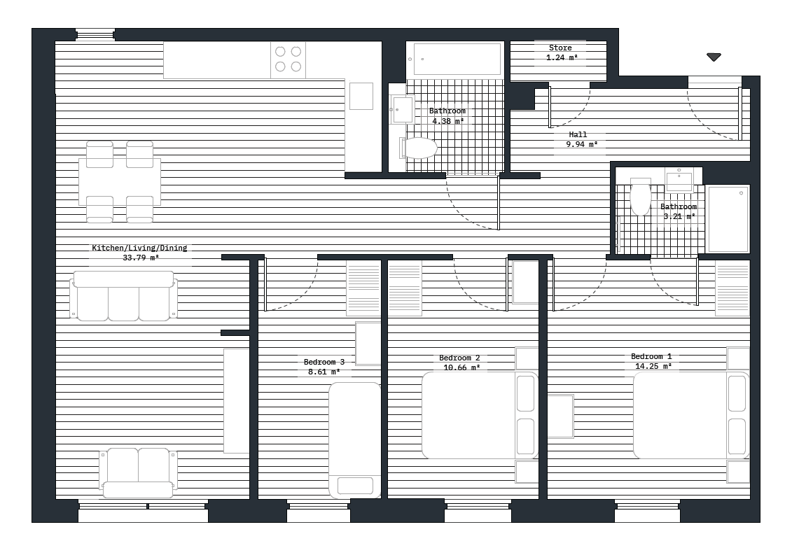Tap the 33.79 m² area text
pyautogui.click(x=141, y=258)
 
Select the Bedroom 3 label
pyautogui.click(x=324, y=362)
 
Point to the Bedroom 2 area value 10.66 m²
pyautogui.click(x=461, y=367)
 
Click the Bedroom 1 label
pyautogui.click(x=651, y=356)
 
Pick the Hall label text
pyautogui.click(x=578, y=134)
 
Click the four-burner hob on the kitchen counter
pyautogui.click(x=288, y=59)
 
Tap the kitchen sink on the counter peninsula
pyautogui.click(x=361, y=96)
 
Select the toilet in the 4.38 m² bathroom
pyautogui.click(x=420, y=148)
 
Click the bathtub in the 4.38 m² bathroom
pyautogui.click(x=457, y=59)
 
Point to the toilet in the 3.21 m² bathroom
pyautogui.click(x=640, y=197)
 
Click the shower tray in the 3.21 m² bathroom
pyautogui.click(x=728, y=219)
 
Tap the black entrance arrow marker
pyautogui.click(x=714, y=57)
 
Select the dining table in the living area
pyautogui.click(x=120, y=182)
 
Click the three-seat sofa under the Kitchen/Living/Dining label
pyautogui.click(x=123, y=297)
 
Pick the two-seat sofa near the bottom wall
pyautogui.click(x=138, y=472)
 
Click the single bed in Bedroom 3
pyautogui.click(x=355, y=440)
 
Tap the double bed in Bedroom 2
pyautogui.click(x=480, y=416)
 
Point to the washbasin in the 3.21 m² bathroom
pyautogui.click(x=679, y=181)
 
